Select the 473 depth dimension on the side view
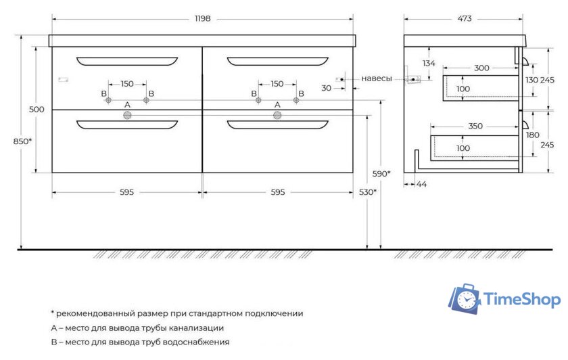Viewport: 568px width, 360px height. (463, 19)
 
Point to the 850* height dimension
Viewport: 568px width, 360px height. (23, 141)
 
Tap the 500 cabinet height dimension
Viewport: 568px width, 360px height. (37, 110)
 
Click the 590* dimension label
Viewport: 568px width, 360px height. (381, 174)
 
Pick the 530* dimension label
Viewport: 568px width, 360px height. (367, 193)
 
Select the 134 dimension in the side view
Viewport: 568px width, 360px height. (428, 64)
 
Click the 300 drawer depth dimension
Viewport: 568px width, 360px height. (481, 68)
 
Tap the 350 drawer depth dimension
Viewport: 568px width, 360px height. (476, 126)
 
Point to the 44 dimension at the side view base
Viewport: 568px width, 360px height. (423, 184)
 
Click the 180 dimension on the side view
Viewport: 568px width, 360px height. (532, 135)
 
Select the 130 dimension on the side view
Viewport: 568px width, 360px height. (531, 80)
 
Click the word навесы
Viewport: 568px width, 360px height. (377, 78)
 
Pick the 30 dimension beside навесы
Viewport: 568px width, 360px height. (327, 88)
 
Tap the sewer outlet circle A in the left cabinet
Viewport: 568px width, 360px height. (126, 116)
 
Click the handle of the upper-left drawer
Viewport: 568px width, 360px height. (127, 62)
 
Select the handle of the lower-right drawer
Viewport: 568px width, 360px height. (277, 125)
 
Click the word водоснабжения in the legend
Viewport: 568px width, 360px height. (195, 342)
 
